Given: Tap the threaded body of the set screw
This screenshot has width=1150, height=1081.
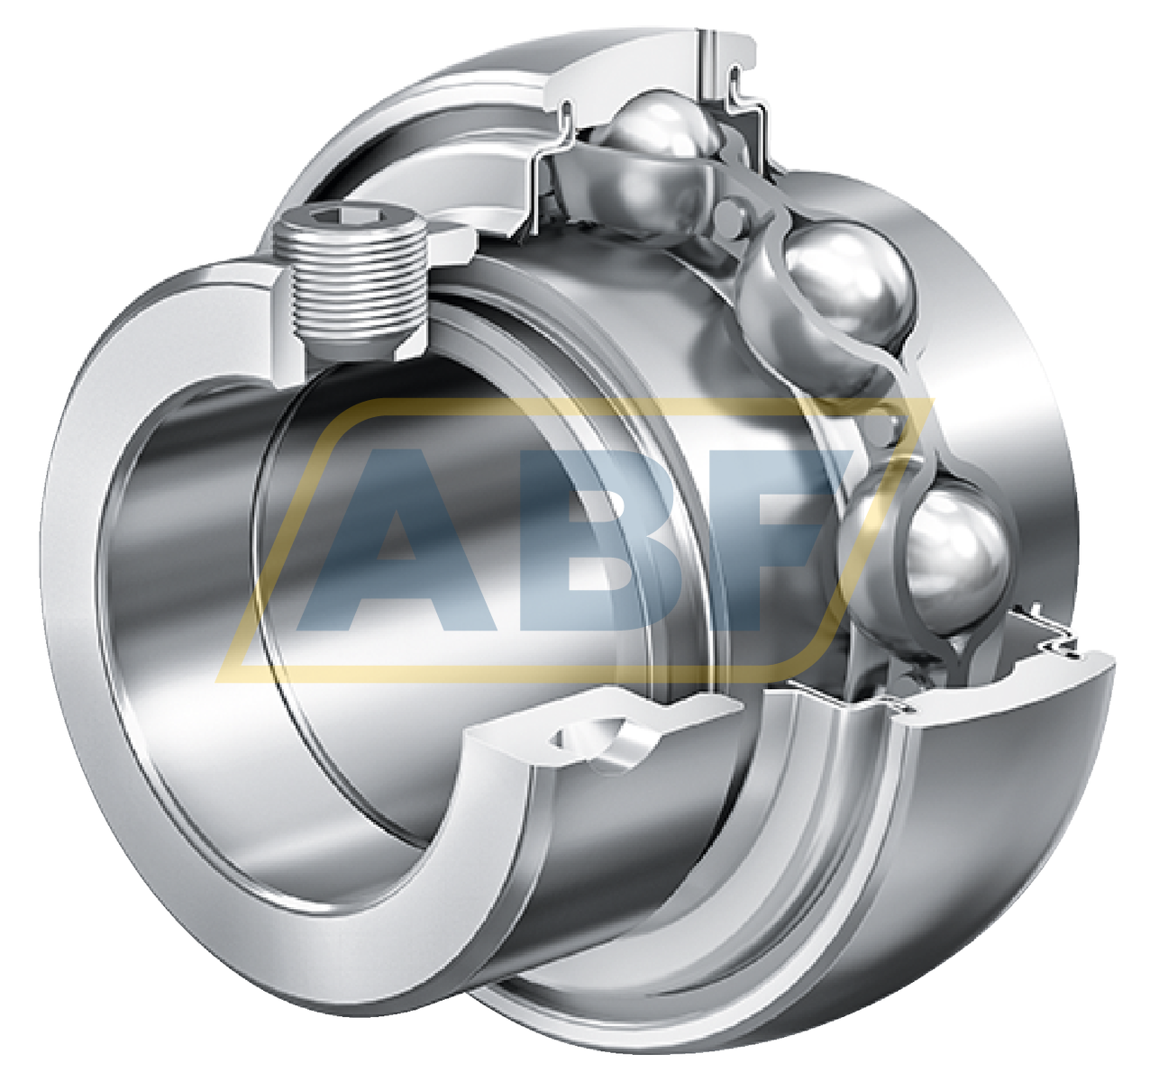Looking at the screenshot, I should click(x=356, y=288).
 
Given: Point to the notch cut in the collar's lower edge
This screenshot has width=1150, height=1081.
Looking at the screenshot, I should click(x=590, y=739).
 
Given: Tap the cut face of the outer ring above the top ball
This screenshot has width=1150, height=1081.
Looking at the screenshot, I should click(x=631, y=68).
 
